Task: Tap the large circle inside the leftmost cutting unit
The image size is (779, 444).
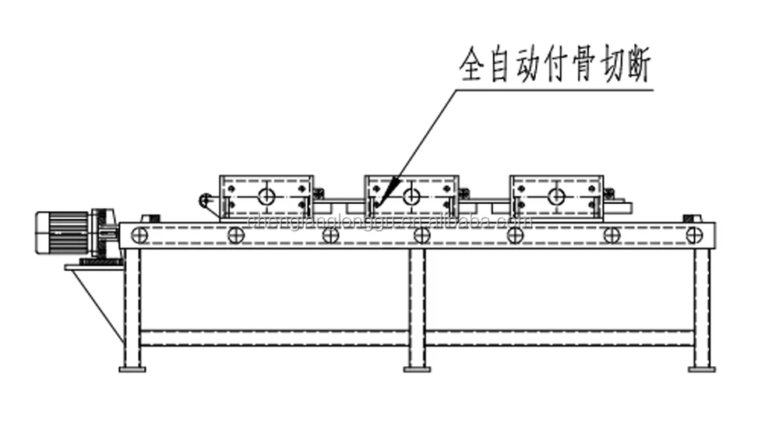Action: pos(266,196)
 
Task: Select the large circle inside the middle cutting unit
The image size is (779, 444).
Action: pos(411,196)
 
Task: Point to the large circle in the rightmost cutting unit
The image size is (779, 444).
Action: pos(556,196)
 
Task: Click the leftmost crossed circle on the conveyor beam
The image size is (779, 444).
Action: pos(139,234)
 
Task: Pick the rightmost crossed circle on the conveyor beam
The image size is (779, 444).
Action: pos(694,234)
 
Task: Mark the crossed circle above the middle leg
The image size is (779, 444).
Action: pos(421,234)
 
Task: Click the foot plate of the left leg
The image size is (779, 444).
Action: pos(132,368)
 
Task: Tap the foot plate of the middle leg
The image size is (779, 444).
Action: pos(418,368)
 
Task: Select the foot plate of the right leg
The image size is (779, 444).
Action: pos(702,368)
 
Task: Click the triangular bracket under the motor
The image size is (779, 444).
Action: pos(97,296)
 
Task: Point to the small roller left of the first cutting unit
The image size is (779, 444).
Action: pos(205,202)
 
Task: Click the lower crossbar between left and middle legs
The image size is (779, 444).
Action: pos(275,337)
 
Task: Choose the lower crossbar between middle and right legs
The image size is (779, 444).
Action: pos(559,337)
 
